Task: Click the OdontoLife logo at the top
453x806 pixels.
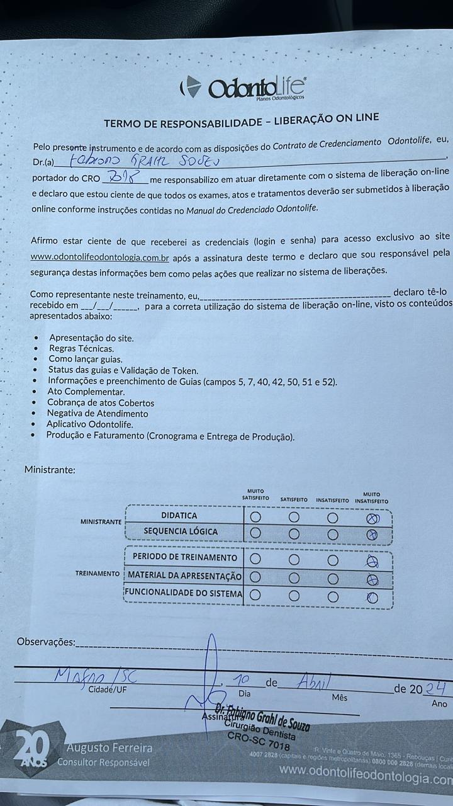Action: [243, 88]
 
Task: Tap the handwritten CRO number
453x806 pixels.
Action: [123, 177]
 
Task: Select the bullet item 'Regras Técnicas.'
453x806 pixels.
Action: [81, 348]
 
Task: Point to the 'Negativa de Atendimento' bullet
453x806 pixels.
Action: [98, 414]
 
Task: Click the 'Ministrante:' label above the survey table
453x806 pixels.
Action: [50, 470]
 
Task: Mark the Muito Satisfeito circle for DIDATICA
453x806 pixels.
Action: [255, 517]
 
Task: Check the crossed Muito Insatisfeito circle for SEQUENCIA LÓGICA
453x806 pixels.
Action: [372, 534]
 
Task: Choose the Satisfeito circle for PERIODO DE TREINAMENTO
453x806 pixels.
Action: [294, 559]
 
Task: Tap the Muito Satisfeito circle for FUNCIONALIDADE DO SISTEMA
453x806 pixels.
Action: [255, 594]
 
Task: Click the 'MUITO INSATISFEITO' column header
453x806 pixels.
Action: [371, 497]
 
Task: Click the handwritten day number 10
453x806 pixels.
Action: [241, 681]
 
